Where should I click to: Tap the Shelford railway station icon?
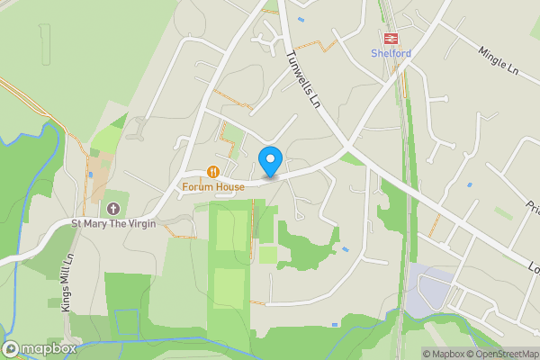point(391,38)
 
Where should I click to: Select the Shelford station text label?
point(391,53)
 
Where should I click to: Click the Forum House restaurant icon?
point(213,171)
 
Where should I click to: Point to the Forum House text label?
point(213,186)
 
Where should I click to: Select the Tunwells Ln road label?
point(303,79)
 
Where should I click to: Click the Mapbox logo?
point(40,348)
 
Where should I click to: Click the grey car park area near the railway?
point(424,290)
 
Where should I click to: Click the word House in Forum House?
point(229,186)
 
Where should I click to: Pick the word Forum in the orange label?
point(197,186)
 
